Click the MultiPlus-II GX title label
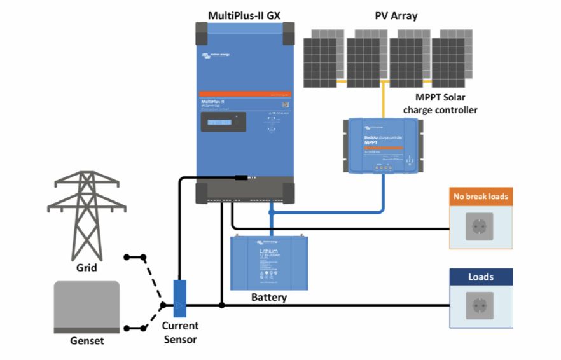(245, 15)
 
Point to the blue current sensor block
(180, 299)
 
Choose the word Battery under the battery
(268, 297)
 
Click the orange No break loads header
(480, 197)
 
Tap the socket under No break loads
(479, 226)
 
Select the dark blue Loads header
(480, 277)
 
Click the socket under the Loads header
(479, 305)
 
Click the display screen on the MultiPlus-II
(224, 123)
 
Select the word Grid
(87, 268)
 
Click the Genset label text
(87, 341)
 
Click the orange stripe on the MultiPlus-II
(245, 93)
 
